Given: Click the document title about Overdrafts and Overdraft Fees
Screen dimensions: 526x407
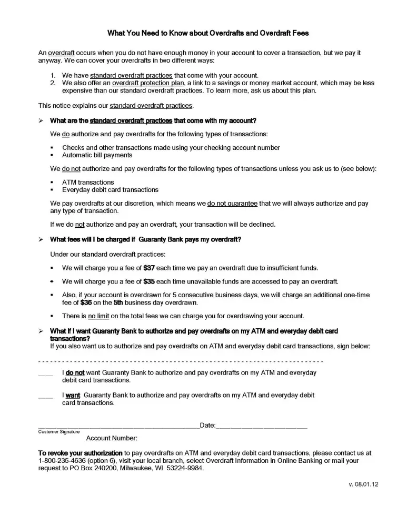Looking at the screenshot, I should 208,33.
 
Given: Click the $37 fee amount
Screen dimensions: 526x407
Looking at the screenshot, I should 149,268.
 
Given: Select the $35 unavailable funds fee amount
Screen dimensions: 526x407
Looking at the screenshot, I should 149,281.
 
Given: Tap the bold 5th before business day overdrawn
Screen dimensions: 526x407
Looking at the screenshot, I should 118,303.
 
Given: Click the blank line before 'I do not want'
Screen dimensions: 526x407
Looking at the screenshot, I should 46,375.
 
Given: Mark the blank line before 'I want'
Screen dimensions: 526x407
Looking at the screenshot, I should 46,397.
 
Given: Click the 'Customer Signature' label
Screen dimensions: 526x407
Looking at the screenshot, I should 58,432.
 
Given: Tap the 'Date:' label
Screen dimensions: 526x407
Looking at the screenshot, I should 207,426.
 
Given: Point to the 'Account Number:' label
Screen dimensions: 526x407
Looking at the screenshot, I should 112,438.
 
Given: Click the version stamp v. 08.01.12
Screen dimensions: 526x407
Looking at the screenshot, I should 363,485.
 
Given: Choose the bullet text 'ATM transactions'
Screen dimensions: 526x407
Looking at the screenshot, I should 88,183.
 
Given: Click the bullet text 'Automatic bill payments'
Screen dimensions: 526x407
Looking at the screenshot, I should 97,155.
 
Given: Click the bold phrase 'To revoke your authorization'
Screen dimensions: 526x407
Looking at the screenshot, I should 80,453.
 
